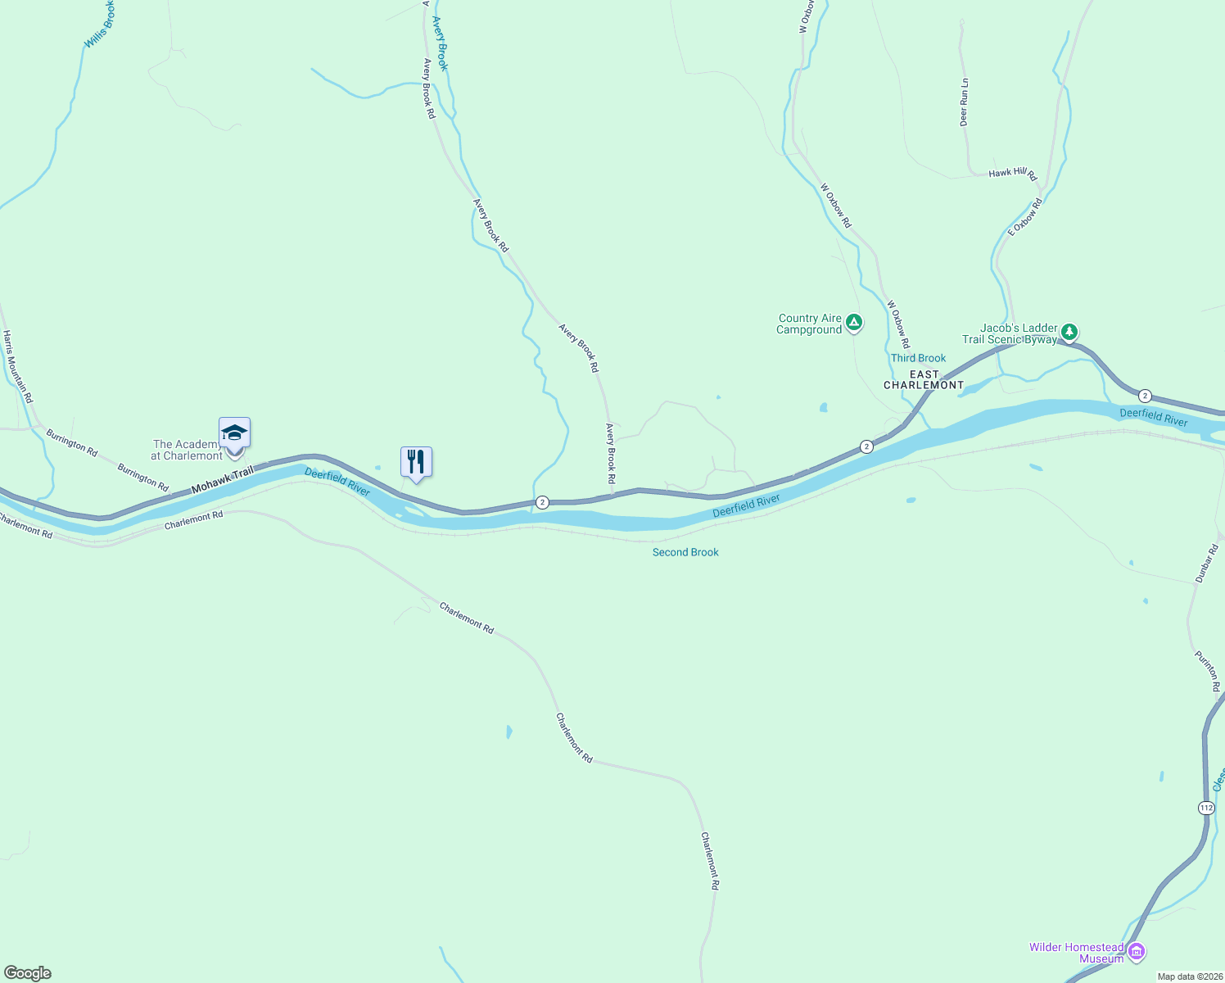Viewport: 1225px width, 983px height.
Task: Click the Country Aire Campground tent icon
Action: (x=854, y=323)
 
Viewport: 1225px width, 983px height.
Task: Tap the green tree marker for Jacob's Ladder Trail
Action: (x=1069, y=332)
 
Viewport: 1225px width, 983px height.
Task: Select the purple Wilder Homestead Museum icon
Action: (x=1136, y=952)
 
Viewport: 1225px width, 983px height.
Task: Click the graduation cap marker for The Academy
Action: (x=234, y=433)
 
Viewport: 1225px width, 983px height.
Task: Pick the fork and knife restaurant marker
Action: (x=416, y=463)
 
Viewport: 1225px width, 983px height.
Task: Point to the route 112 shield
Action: (x=1206, y=808)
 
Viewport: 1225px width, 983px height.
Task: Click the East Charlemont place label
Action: (x=924, y=379)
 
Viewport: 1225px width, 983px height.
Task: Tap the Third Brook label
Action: (x=918, y=358)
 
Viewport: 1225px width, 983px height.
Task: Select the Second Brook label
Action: (x=685, y=552)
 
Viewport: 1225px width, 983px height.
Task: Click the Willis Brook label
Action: (x=99, y=24)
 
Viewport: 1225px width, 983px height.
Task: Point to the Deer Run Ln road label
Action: (x=964, y=102)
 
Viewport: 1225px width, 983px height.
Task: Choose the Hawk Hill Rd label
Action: (x=1013, y=174)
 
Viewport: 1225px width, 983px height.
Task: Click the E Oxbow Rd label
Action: (x=1025, y=217)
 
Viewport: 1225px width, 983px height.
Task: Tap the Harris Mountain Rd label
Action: (x=17, y=366)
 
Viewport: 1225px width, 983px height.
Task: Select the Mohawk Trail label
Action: (x=222, y=480)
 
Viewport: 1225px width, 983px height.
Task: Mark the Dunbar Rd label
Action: (x=1206, y=564)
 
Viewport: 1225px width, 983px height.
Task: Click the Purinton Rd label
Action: (x=1208, y=671)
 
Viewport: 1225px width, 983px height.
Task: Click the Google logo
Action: (x=28, y=973)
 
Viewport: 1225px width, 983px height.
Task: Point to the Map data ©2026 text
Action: (x=1189, y=976)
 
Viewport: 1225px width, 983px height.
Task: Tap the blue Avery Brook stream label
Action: (x=441, y=43)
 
